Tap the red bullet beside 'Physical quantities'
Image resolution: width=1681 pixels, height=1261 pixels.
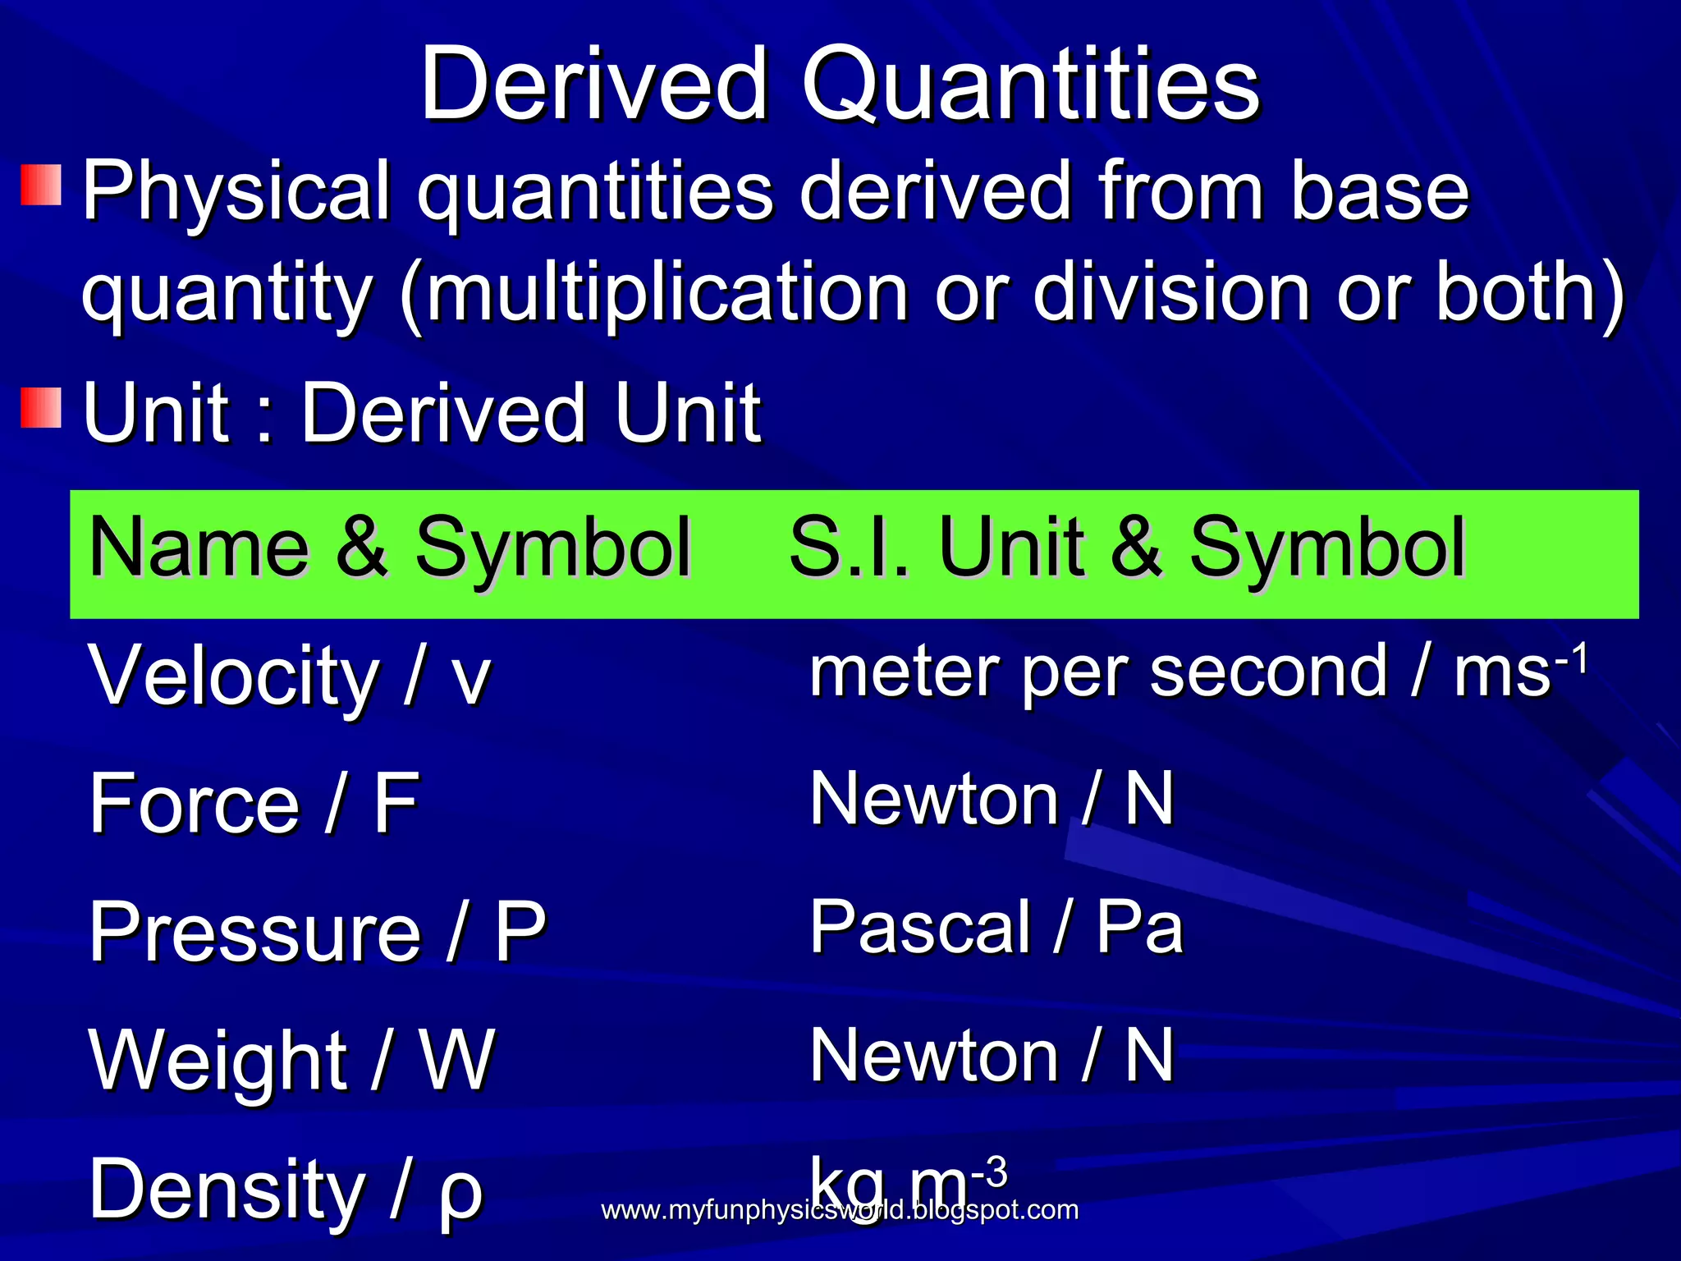(42, 185)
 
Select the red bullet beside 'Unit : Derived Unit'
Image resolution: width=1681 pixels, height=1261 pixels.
(42, 408)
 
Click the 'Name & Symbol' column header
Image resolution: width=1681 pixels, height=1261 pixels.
(389, 547)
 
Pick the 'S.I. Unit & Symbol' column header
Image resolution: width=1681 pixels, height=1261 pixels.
(1126, 547)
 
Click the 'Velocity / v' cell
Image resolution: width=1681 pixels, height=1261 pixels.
(289, 675)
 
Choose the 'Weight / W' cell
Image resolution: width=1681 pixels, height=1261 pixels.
(291, 1060)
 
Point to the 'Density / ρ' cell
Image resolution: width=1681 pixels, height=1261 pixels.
(285, 1189)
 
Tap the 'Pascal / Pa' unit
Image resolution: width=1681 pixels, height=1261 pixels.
(996, 928)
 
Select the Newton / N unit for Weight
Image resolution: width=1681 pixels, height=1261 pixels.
(992, 1056)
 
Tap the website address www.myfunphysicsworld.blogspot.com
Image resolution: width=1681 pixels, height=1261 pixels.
(839, 1209)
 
